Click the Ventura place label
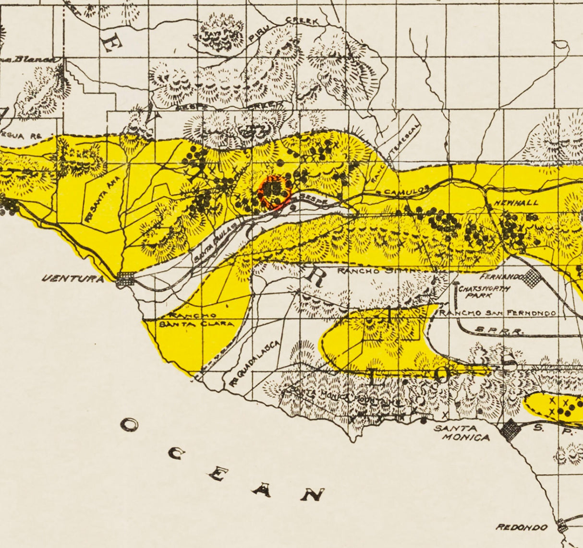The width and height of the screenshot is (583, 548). pyautogui.click(x=73, y=278)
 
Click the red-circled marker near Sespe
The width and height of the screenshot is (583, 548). pyautogui.click(x=275, y=191)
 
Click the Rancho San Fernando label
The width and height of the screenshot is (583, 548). pyautogui.click(x=498, y=313)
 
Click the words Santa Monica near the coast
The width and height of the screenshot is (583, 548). pyautogui.click(x=462, y=433)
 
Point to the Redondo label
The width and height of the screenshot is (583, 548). pyautogui.click(x=522, y=527)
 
